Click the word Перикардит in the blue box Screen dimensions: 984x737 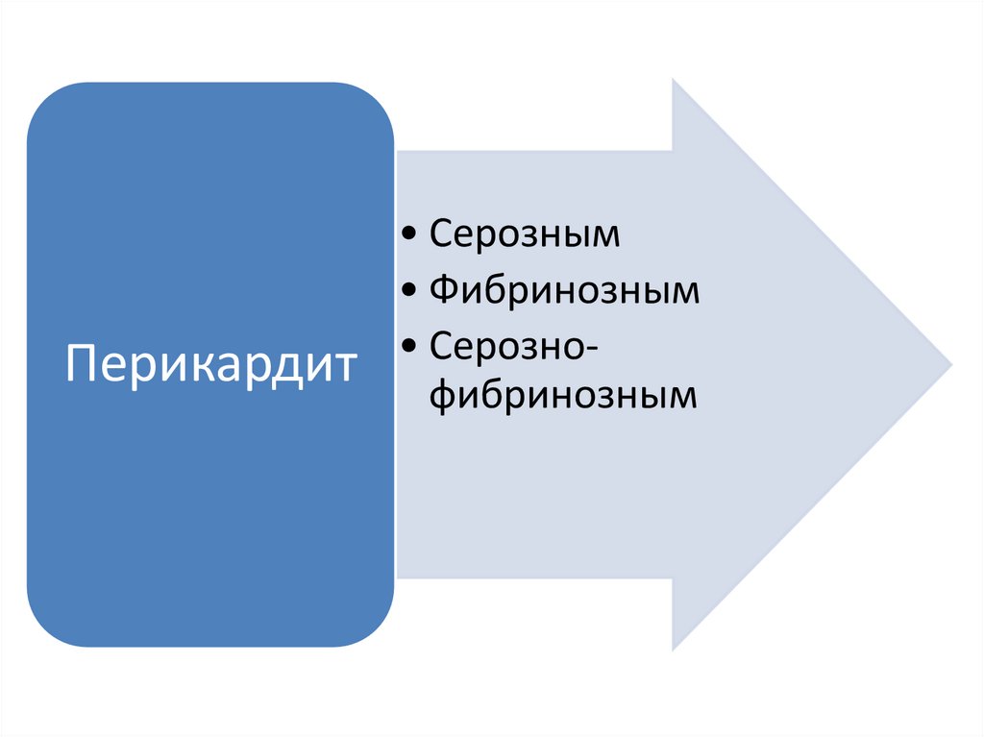[210, 366]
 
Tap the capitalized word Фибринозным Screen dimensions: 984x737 [564, 290]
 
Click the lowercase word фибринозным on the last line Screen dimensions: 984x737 [562, 395]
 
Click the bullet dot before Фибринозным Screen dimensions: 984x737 [411, 291]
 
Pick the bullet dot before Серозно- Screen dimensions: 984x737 [411, 345]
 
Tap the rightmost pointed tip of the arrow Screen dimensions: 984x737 [950, 365]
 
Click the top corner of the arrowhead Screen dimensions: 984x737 [674, 81]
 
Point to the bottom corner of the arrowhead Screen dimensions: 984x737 [674, 650]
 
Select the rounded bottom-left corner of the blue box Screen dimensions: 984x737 [43, 630]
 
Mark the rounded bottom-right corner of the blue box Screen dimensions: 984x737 [378, 630]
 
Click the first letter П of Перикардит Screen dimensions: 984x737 [80, 364]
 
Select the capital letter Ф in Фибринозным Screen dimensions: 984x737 [444, 290]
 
